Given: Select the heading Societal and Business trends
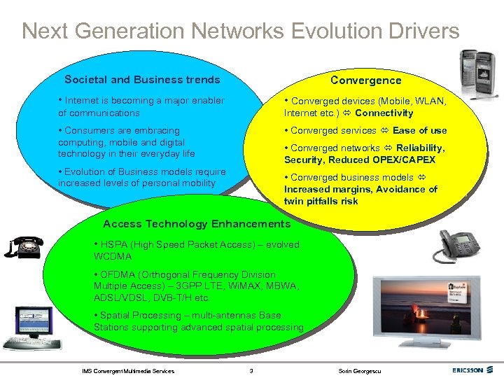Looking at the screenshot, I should (x=142, y=80).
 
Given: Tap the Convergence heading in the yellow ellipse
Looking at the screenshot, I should (x=365, y=80).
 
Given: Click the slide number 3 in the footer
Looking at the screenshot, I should (x=251, y=370).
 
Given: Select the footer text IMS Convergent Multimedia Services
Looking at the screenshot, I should (x=128, y=370).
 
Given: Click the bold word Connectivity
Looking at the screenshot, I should (x=384, y=113).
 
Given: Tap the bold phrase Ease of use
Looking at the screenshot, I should (x=419, y=130).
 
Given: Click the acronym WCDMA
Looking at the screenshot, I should (x=112, y=256).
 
